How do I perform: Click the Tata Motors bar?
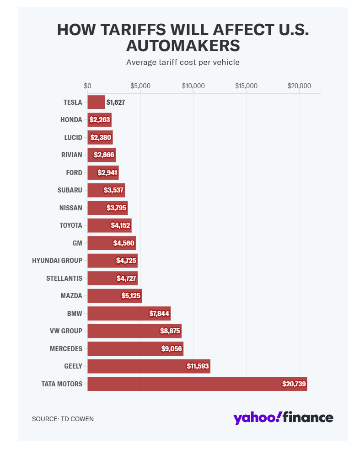[197, 384]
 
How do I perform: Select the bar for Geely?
[149, 366]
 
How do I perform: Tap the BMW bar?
[129, 313]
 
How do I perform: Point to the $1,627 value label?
[115, 102]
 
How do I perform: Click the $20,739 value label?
[294, 384]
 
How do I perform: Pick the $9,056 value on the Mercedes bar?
[172, 348]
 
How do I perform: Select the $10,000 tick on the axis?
[193, 86]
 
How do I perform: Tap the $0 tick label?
[87, 86]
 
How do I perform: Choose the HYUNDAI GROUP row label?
[57, 261]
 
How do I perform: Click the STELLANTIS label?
[64, 278]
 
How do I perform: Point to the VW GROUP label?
[66, 331]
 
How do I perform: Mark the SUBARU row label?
[70, 190]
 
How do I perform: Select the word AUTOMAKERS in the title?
[183, 46]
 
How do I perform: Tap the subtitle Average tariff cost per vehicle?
[183, 62]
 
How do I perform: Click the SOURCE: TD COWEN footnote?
[63, 418]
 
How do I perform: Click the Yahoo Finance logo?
[283, 417]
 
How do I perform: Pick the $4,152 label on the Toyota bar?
[121, 225]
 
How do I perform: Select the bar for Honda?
[99, 120]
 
